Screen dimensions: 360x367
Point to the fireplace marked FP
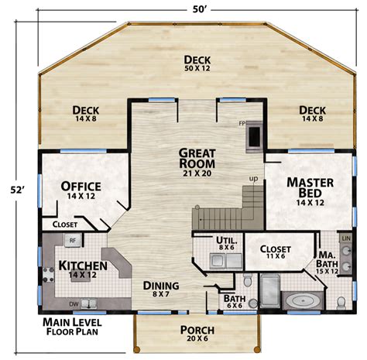pyautogui.click(x=253, y=135)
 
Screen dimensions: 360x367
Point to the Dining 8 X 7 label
pyautogui.click(x=161, y=290)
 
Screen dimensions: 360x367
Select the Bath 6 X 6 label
pyautogui.click(x=233, y=302)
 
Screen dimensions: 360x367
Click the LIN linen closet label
pyautogui.click(x=346, y=239)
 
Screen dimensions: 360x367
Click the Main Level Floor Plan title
pyautogui.click(x=75, y=327)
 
